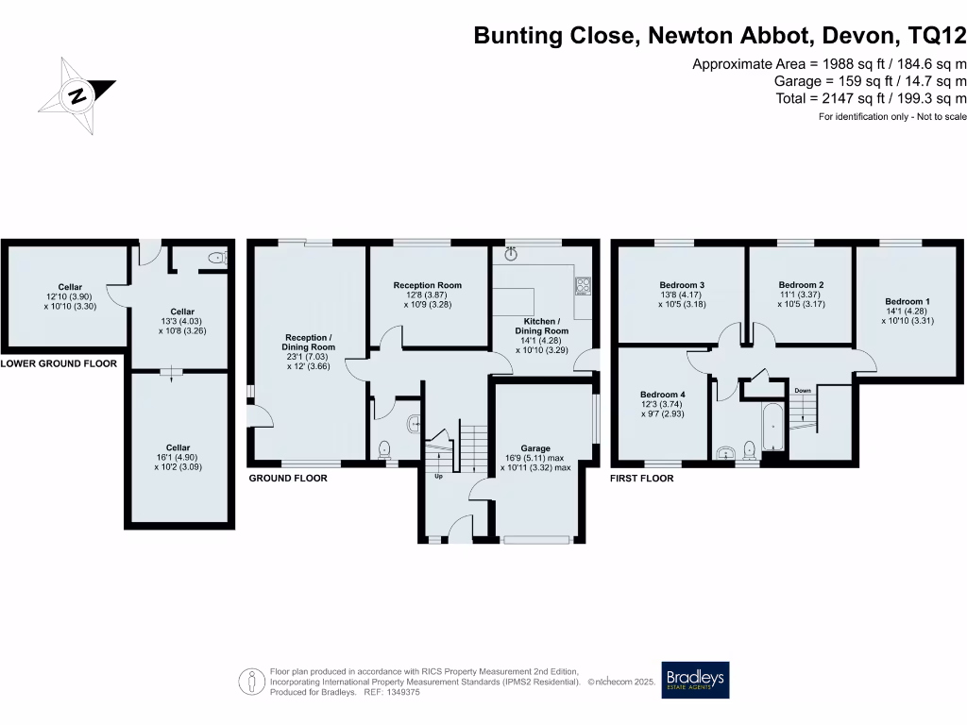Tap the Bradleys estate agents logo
[x=695, y=680]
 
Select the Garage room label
[x=534, y=448]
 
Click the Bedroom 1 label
[x=902, y=301]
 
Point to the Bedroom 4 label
[x=660, y=395]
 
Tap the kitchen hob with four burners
[x=582, y=284]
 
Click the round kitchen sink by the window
[x=512, y=254]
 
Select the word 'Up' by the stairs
[x=438, y=476]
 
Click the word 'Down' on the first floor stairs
[x=802, y=390]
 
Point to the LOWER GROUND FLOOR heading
[x=59, y=363]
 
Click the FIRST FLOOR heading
[x=642, y=479]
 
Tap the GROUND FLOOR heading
[x=288, y=479]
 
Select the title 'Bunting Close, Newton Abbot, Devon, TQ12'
[x=720, y=37]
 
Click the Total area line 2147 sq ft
[x=870, y=98]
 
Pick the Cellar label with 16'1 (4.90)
[x=178, y=457]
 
